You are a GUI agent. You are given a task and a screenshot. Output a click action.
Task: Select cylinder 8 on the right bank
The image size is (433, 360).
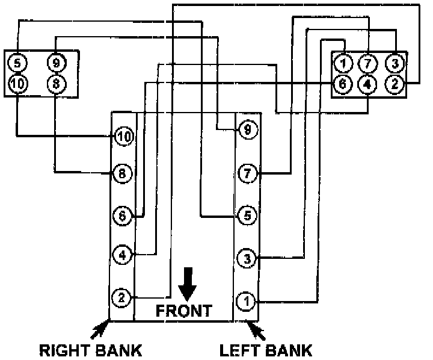[x=122, y=174]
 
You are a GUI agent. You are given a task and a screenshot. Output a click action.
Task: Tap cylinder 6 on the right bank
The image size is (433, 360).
[x=122, y=216]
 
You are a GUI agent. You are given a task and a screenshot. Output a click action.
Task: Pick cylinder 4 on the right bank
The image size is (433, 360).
[x=122, y=255]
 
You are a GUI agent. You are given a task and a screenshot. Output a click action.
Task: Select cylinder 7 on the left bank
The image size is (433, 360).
[x=247, y=174]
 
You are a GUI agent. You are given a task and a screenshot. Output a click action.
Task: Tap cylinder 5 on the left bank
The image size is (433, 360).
[x=247, y=215]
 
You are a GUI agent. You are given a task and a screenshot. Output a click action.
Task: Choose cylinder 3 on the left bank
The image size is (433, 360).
[x=247, y=259]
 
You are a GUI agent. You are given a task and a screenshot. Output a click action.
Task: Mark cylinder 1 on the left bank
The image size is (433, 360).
[x=246, y=300]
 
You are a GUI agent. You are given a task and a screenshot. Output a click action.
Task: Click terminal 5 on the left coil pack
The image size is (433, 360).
[x=18, y=62]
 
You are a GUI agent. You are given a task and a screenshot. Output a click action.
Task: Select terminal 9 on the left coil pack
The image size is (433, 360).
[x=55, y=62]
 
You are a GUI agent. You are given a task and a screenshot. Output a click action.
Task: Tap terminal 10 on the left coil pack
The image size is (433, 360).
[x=18, y=84]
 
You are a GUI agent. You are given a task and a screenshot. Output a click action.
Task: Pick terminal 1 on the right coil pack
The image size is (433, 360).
[x=343, y=63]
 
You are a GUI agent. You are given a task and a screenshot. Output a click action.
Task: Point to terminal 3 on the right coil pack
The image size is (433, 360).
[x=395, y=63]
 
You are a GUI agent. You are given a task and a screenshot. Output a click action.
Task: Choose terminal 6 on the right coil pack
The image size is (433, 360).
[x=343, y=84]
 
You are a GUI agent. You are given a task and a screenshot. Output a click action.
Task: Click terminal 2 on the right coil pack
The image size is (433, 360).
[x=395, y=84]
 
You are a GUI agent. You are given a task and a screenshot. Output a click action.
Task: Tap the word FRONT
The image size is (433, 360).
[x=183, y=311]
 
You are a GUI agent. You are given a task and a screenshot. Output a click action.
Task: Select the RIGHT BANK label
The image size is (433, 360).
[x=91, y=350]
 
